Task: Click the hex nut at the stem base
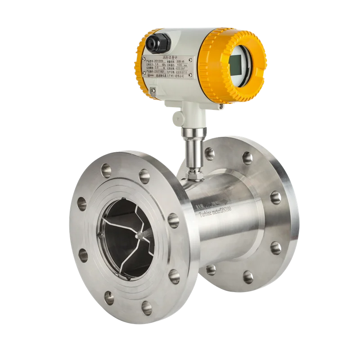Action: coord(194,173)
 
